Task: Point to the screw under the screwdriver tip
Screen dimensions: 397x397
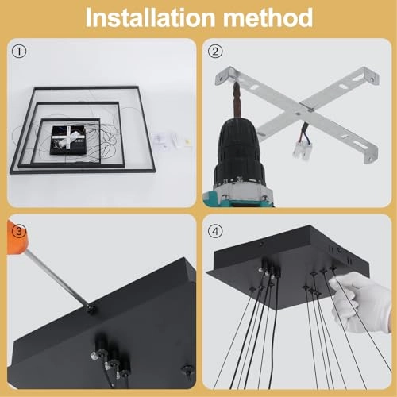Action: pyautogui.click(x=92, y=308)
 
